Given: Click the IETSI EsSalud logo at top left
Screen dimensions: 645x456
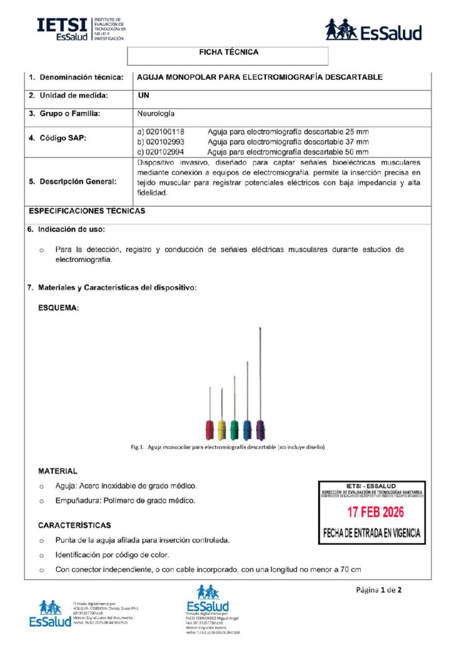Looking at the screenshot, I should point(81,29).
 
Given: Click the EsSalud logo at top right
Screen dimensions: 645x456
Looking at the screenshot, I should point(373,30).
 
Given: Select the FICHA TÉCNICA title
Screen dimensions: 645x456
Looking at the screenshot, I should point(228,53).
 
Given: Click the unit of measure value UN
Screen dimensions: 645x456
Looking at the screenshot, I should point(143,96).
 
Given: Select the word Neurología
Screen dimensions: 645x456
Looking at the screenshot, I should point(156,114).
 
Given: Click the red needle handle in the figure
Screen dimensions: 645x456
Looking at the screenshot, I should point(210,430).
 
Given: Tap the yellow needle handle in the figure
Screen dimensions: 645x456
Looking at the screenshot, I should point(222,430).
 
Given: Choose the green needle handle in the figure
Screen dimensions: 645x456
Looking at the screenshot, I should point(234,430).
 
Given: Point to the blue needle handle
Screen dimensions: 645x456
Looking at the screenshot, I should point(247,430).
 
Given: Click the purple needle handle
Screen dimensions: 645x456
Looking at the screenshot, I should point(259,430).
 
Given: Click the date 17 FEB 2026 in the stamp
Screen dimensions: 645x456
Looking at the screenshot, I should point(371,512).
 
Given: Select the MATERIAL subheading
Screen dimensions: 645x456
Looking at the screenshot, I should point(58,471).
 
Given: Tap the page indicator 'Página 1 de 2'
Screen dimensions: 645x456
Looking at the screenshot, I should point(379,590).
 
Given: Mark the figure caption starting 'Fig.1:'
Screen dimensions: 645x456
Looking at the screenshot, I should point(227,447).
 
